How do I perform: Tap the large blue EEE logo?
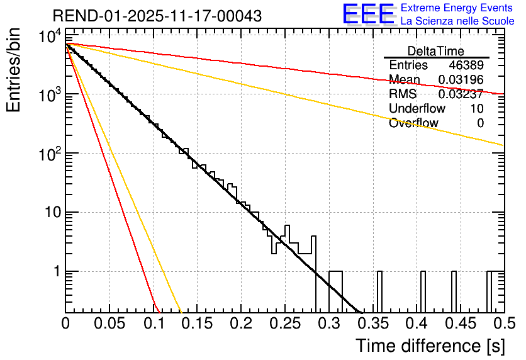click(x=368, y=14)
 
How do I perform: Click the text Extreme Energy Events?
click(x=457, y=8)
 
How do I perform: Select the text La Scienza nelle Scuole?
click(x=457, y=21)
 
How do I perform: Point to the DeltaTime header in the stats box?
click(x=436, y=51)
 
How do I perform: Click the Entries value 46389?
click(x=466, y=65)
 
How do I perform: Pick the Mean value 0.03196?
click(x=461, y=80)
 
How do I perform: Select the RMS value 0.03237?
click(x=461, y=94)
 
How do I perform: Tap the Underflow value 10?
click(x=477, y=109)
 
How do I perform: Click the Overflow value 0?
click(x=481, y=123)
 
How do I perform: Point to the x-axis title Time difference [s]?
click(x=429, y=346)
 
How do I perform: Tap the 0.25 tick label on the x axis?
click(x=284, y=324)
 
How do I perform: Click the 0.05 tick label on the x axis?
click(x=109, y=324)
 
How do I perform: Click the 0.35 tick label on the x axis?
click(x=372, y=324)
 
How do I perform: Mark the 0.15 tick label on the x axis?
click(x=197, y=324)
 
